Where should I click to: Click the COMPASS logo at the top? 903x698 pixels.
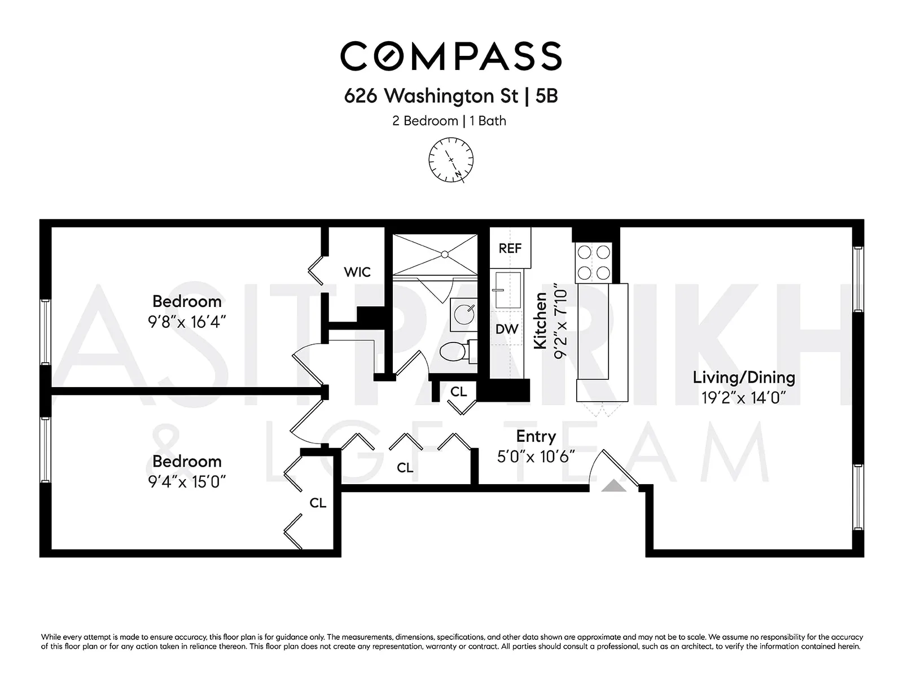point(451,56)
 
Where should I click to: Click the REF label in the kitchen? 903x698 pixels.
point(510,248)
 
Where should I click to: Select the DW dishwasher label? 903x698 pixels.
point(507,329)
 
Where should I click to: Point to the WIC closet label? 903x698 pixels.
point(357,272)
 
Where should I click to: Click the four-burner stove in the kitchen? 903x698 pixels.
point(593,262)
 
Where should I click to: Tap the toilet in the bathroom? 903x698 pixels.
point(454,352)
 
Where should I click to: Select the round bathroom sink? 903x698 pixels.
point(464,314)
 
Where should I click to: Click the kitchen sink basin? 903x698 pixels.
point(507,290)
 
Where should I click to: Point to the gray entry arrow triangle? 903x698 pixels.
point(613,486)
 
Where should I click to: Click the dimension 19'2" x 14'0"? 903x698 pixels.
point(743,398)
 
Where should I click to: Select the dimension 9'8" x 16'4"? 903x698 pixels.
point(187,322)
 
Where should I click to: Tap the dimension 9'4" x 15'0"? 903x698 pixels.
point(187,482)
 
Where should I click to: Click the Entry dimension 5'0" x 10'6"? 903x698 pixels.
point(536,456)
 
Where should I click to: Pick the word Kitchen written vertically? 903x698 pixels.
point(541,321)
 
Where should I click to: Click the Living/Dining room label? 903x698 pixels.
point(743,377)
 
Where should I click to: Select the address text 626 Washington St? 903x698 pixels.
point(431,96)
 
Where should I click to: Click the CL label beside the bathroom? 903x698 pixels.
point(458,391)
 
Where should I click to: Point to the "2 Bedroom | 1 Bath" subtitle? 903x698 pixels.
point(449,121)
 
